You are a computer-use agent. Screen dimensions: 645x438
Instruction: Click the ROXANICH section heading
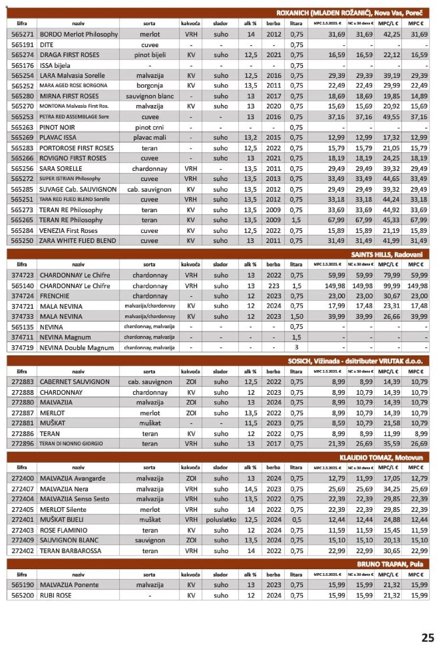click(x=349, y=13)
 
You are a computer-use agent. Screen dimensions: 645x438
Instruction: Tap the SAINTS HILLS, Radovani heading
click(x=387, y=254)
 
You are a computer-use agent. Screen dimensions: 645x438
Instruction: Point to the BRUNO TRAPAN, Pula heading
click(x=390, y=564)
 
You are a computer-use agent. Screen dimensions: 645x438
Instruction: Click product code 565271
click(x=22, y=34)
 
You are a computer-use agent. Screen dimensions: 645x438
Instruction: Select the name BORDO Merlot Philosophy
click(x=79, y=34)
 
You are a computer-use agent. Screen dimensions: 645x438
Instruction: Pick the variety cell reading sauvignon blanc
click(x=149, y=96)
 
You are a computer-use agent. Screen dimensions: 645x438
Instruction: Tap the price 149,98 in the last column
click(x=417, y=286)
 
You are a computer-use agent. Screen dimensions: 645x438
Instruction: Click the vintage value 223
click(x=273, y=286)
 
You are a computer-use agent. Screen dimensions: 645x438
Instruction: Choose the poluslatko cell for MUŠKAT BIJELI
click(x=221, y=520)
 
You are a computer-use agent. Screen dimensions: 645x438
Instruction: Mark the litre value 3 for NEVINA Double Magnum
click(x=296, y=347)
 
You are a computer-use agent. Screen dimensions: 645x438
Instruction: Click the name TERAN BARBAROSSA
click(x=70, y=551)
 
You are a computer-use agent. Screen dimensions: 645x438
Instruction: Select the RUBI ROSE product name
click(x=55, y=596)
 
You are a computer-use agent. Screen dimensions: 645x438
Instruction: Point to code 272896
click(x=22, y=443)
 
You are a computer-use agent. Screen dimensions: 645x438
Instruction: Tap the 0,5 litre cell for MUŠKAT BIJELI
click(x=296, y=520)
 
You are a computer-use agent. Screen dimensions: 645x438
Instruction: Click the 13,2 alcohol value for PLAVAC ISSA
click(x=250, y=137)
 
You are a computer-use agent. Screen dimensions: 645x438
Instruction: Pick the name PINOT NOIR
click(x=57, y=127)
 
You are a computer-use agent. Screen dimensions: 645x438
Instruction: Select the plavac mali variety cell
click(x=149, y=137)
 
